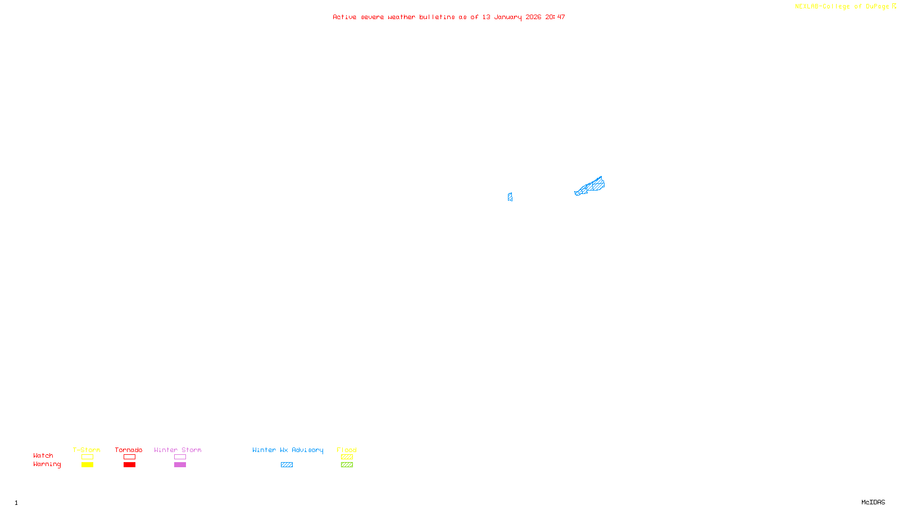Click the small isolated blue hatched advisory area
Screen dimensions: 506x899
(510, 197)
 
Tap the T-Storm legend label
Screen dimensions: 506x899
(87, 450)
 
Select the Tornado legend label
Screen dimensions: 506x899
(129, 450)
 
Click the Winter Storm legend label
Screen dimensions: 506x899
(178, 450)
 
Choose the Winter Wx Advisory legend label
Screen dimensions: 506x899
(288, 450)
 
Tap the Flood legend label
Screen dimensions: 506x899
(347, 450)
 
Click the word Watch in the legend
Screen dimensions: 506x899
(43, 455)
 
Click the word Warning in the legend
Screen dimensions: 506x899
(47, 464)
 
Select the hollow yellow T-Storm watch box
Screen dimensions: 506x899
(87, 457)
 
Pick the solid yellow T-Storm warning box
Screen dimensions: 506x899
(87, 465)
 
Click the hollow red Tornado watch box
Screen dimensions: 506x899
(129, 457)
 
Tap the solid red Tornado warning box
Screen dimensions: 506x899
(129, 465)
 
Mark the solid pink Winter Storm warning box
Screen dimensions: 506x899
(180, 465)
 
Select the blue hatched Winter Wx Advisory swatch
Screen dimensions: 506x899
(287, 465)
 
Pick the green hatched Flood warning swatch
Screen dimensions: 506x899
(347, 465)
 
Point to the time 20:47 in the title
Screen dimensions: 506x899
(555, 17)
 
